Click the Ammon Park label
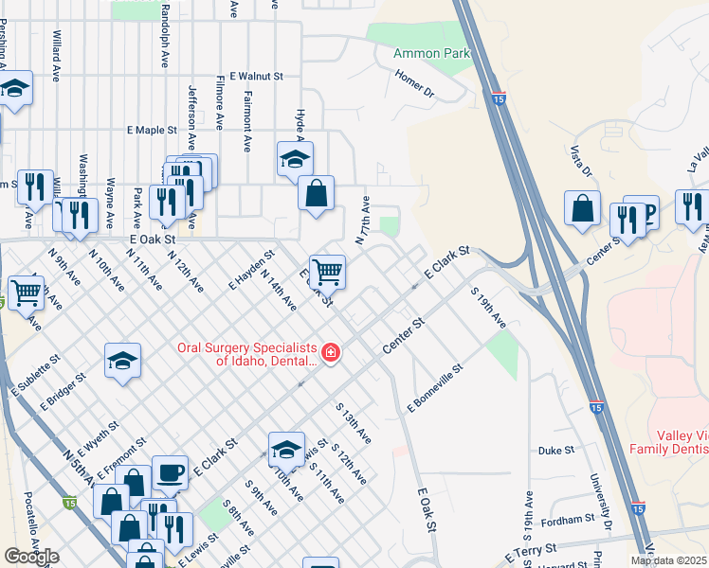[431, 54]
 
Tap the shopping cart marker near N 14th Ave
[327, 272]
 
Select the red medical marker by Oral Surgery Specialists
[330, 354]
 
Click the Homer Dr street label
[414, 84]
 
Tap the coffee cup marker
[170, 471]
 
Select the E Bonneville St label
[434, 388]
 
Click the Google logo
[31, 557]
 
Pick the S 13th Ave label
[354, 420]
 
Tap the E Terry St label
[536, 550]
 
